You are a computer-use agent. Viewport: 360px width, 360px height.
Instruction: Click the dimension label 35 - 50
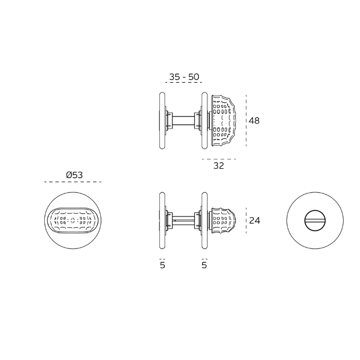click(x=184, y=77)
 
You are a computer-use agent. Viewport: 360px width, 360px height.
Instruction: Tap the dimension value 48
click(x=254, y=120)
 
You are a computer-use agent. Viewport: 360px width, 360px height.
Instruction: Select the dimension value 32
click(x=219, y=166)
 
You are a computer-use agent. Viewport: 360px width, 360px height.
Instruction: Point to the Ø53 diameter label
click(x=75, y=175)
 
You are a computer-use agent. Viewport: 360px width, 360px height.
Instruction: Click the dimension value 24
click(x=255, y=221)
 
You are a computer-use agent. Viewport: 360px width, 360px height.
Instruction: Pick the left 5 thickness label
click(x=163, y=265)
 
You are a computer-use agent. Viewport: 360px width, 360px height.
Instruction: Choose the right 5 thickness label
click(x=204, y=265)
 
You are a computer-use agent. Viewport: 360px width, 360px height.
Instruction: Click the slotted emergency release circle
click(x=315, y=221)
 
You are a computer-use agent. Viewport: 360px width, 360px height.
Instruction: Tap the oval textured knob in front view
click(x=73, y=221)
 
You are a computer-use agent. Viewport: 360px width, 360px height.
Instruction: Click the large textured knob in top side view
click(x=224, y=120)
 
